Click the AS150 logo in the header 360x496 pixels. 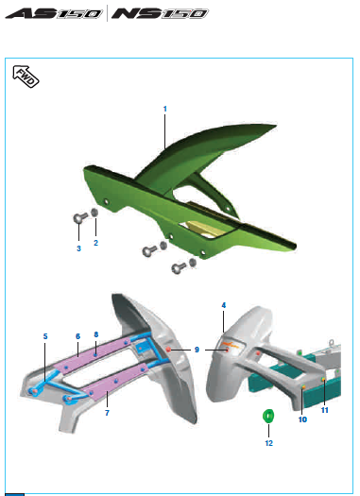pos(54,14)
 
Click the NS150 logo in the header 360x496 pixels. pos(160,14)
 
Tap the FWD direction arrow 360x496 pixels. pos(26,77)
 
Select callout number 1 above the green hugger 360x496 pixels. pos(164,109)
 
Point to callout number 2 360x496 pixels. pos(95,243)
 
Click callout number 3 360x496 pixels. pos(78,248)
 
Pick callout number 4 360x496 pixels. pos(224,305)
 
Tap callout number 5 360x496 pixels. pos(45,336)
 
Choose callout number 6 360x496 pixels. pos(77,336)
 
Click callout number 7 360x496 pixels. pos(107,413)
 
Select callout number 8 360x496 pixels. pos(96,334)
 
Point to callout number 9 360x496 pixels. pos(197,350)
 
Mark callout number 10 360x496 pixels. pos(302,419)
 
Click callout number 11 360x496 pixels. pos(325,410)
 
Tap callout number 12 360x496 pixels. pos(269,443)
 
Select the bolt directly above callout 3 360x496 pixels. pos(79,217)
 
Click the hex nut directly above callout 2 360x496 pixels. pos(94,213)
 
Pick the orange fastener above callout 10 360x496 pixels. pos(303,386)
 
